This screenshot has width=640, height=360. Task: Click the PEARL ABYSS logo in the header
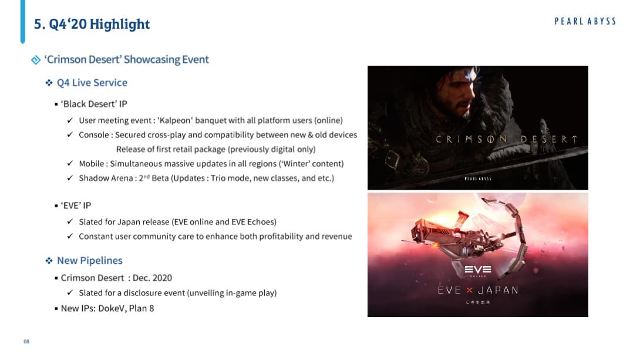coord(585,21)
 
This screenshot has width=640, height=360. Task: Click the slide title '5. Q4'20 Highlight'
coord(92,24)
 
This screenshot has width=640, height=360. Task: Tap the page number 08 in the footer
coord(26,341)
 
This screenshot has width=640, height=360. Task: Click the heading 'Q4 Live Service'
coord(92,82)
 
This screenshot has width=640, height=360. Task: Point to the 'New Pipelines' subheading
coord(90,260)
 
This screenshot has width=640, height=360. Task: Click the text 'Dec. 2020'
coord(152,278)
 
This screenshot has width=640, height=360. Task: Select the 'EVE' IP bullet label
coord(76,206)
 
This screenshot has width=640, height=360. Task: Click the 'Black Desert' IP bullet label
coord(94,104)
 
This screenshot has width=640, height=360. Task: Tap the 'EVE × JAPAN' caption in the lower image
coord(478,290)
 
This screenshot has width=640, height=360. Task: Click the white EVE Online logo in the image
coord(478,270)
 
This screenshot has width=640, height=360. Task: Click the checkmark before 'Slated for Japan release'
coord(70,221)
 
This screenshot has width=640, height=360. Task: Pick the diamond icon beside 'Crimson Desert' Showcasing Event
coord(36,60)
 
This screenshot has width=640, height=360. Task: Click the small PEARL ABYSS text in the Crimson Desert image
coord(478,179)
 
